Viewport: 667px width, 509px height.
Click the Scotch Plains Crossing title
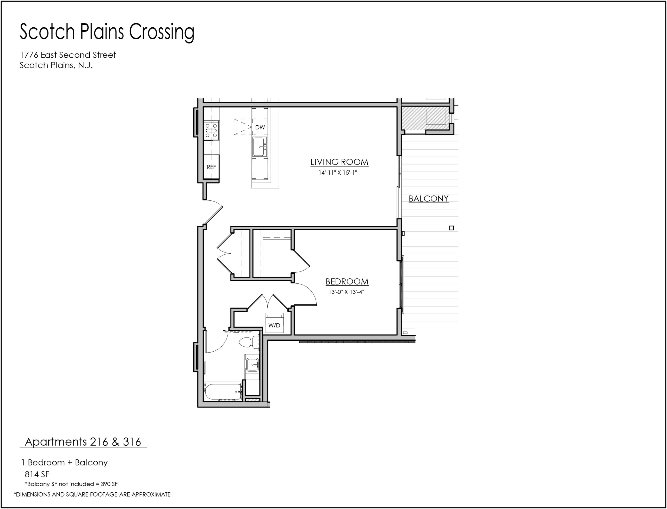[x=107, y=32]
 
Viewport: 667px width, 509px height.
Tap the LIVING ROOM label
[x=339, y=162]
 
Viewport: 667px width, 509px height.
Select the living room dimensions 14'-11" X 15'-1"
[x=338, y=173]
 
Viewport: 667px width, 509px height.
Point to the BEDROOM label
[x=347, y=281]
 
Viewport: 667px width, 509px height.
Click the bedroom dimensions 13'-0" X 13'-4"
[x=346, y=292]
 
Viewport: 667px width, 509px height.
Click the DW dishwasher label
[x=260, y=127]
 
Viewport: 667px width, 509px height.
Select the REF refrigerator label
[x=211, y=167]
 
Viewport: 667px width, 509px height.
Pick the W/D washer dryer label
[x=274, y=326]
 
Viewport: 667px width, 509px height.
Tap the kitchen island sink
[x=260, y=147]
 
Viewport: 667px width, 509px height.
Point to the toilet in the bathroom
[x=249, y=343]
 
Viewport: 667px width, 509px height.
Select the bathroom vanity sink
[x=252, y=365]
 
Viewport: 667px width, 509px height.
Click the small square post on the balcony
[x=451, y=228]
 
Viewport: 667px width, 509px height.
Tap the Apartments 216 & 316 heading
[x=83, y=442]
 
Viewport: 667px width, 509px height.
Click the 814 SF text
[x=37, y=474]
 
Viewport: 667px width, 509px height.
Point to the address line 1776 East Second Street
[x=68, y=55]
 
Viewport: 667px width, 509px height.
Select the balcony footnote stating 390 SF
[x=71, y=484]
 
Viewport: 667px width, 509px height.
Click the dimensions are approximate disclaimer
[x=92, y=494]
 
